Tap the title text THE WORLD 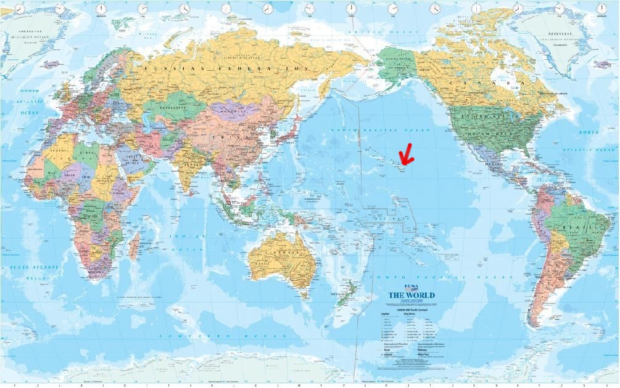pyautogui.click(x=411, y=296)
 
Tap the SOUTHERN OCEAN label pyautogui.click(x=223, y=336)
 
